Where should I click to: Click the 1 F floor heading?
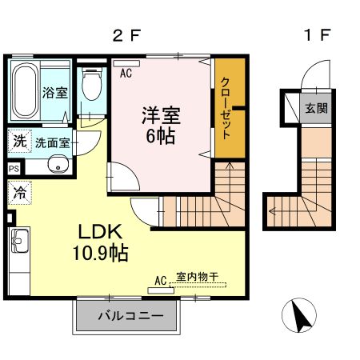pos(317,35)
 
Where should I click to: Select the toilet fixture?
pos(92,83)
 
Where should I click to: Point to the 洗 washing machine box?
pos(18,141)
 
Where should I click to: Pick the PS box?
pos(14,169)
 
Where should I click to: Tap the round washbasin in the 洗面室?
pos(55,166)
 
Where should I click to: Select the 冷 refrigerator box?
pos(18,192)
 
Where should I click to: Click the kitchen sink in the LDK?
pos(18,241)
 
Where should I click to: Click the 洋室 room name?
pos(161,115)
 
